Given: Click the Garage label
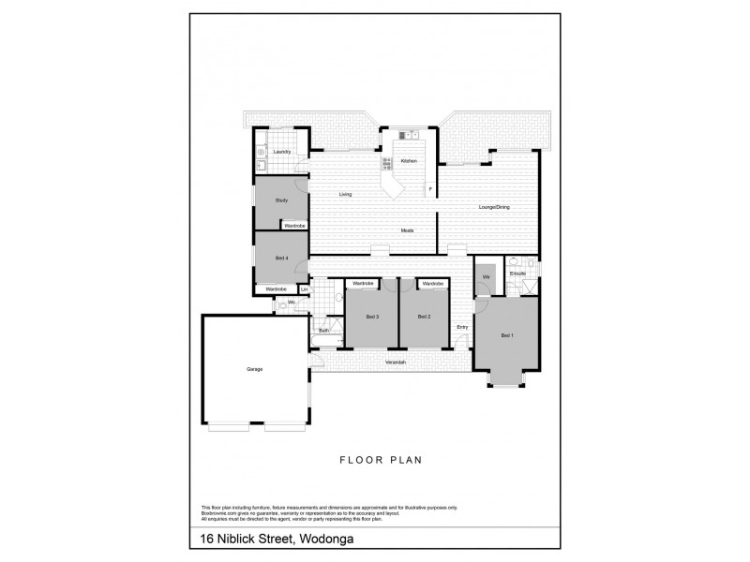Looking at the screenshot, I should point(254,369).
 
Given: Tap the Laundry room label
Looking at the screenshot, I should point(281,152).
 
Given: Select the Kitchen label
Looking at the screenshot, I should point(409,161).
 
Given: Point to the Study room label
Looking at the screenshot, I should point(281,201).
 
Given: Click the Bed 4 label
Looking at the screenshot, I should point(281,258).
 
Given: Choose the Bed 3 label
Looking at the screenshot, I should point(372,318).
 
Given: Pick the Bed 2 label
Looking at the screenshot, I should point(424,318).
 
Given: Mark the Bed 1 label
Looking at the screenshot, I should point(506,335).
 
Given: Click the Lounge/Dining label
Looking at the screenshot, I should point(493,207).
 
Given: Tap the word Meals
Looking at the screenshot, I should point(407,230).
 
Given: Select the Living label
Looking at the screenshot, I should point(345,195).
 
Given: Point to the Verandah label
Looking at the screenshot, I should point(394,362).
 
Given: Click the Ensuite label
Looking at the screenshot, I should point(517,274).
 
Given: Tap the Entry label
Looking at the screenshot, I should point(462,326).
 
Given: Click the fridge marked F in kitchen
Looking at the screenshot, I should point(430,190).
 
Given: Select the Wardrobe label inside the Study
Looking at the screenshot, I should point(294,226).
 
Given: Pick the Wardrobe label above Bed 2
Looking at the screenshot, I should point(432,283).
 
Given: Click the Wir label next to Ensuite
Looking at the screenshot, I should point(486,278).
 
